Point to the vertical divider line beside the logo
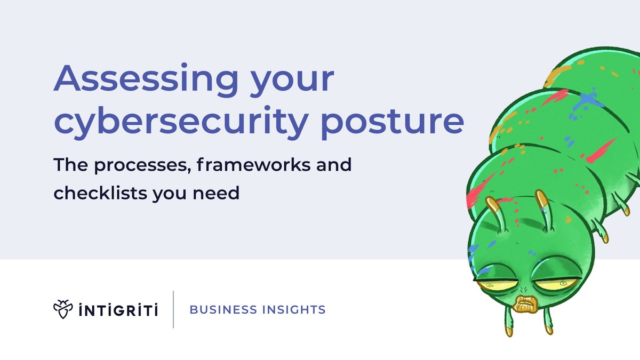[173, 309]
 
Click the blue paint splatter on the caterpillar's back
[587, 101]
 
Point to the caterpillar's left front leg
[508, 325]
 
